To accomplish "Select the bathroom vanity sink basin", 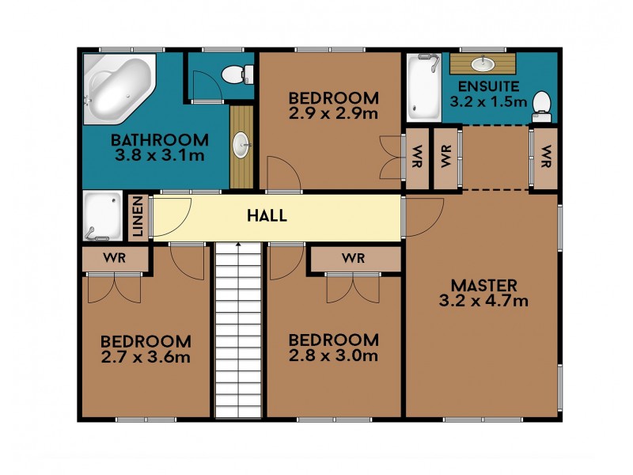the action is (x=242, y=145).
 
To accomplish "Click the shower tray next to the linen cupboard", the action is (x=103, y=215).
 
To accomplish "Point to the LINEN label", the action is (x=138, y=216).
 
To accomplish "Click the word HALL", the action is (x=267, y=215).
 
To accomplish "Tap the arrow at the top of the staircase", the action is (x=239, y=244).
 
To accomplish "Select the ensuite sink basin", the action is (x=483, y=63).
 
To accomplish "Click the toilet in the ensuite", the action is (x=542, y=107).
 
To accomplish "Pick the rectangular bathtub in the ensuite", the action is (x=424, y=87).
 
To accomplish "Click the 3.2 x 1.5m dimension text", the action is (x=488, y=101).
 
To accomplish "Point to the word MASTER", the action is (x=483, y=286).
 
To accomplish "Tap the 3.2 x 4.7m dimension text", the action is (x=483, y=301).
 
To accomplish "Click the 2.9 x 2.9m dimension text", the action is (x=333, y=113).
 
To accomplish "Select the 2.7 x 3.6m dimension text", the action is (x=146, y=357).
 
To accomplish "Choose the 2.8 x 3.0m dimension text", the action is (x=333, y=355).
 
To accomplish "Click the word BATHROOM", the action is (x=160, y=140).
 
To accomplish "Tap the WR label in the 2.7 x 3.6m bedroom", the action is (x=114, y=258).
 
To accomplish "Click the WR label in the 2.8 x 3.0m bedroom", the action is (x=353, y=258).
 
